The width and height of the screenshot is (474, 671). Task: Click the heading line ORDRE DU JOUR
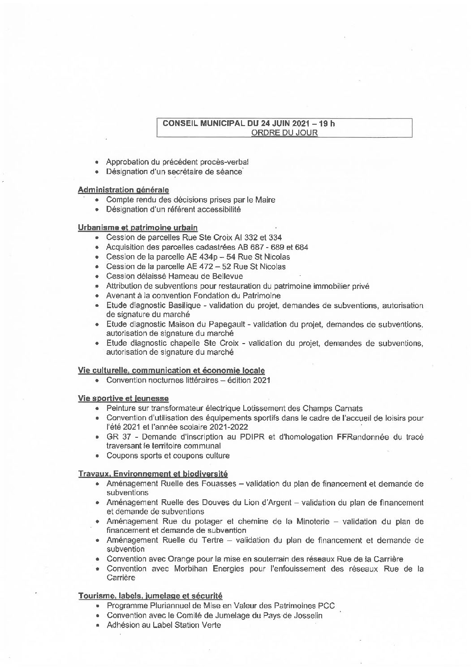[x=284, y=132]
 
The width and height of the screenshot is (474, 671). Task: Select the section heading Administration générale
[x=123, y=190]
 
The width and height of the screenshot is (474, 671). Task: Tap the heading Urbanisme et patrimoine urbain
[x=138, y=228]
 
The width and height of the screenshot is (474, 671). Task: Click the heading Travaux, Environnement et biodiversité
[x=153, y=474]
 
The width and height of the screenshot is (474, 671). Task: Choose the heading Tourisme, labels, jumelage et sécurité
[x=150, y=596]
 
